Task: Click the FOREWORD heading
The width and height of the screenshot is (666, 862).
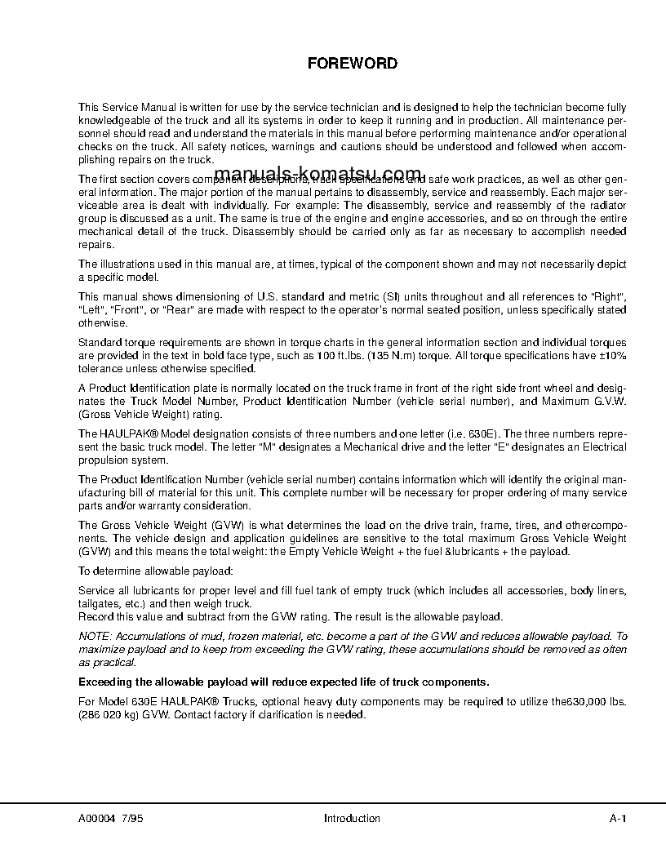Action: click(352, 63)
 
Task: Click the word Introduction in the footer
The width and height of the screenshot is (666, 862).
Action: click(352, 818)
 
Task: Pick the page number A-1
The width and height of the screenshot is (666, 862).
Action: click(618, 818)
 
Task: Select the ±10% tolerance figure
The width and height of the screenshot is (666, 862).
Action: click(613, 355)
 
